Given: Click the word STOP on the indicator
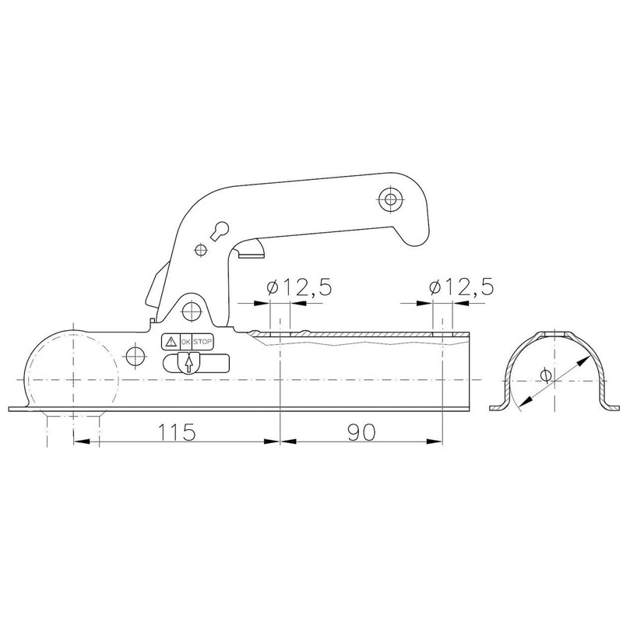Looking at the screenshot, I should (202, 341).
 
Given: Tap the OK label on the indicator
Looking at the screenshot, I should (185, 341).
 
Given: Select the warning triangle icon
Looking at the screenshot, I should (170, 341).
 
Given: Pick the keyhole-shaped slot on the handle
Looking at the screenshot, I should (220, 231).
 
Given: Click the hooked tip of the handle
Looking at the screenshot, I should (418, 226).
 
